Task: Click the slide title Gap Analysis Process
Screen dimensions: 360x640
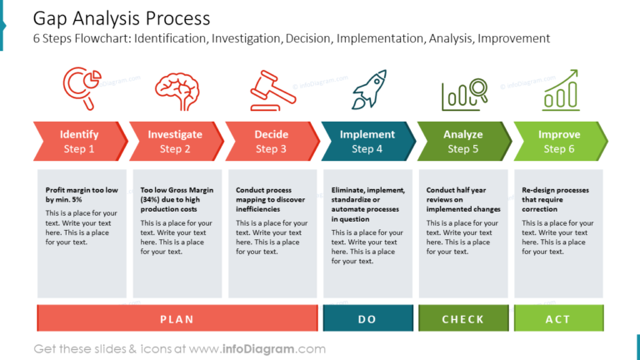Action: [x=122, y=18]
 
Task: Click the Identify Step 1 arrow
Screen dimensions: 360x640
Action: [x=79, y=141]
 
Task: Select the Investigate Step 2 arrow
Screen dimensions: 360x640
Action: [x=175, y=141]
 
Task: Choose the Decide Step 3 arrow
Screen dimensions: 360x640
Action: [x=271, y=141]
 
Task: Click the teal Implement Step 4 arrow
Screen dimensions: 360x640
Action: [x=367, y=141]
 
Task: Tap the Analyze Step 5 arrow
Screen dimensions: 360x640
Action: [x=462, y=141]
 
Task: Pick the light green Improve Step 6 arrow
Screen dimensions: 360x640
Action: [x=559, y=141]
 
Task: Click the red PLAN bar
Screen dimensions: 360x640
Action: [x=177, y=318]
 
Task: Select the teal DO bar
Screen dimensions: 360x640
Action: [x=367, y=318]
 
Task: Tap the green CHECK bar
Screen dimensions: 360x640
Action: [x=462, y=318]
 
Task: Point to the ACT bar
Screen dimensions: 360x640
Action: [x=558, y=318]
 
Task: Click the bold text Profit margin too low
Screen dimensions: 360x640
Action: [x=82, y=195]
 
